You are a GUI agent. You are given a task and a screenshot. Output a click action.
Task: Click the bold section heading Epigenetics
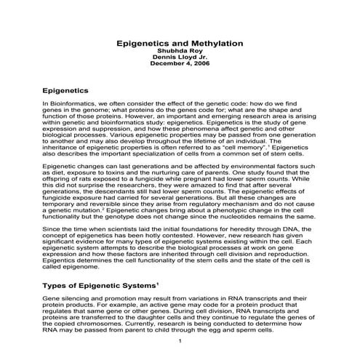click(x=66, y=91)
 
